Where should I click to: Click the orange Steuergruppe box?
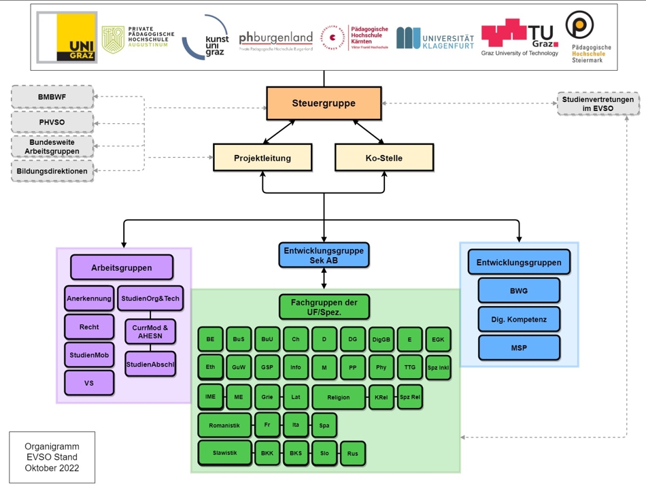324,103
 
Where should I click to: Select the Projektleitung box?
262,158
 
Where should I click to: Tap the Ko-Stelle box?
384,158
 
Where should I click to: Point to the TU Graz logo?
520,37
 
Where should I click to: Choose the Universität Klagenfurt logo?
435,39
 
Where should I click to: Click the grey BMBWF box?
52,97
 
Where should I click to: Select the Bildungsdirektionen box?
52,171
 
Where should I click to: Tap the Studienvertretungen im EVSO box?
598,103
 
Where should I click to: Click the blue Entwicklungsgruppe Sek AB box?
324,255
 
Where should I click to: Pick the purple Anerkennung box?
89,298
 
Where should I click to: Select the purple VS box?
89,383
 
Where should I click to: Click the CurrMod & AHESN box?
150,331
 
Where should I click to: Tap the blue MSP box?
519,348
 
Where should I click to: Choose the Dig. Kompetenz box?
519,319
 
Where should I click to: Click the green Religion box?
339,397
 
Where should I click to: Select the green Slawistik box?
224,452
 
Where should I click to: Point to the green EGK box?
438,339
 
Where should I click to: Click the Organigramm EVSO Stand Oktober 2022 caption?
52,457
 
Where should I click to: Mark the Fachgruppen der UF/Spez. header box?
324,307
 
